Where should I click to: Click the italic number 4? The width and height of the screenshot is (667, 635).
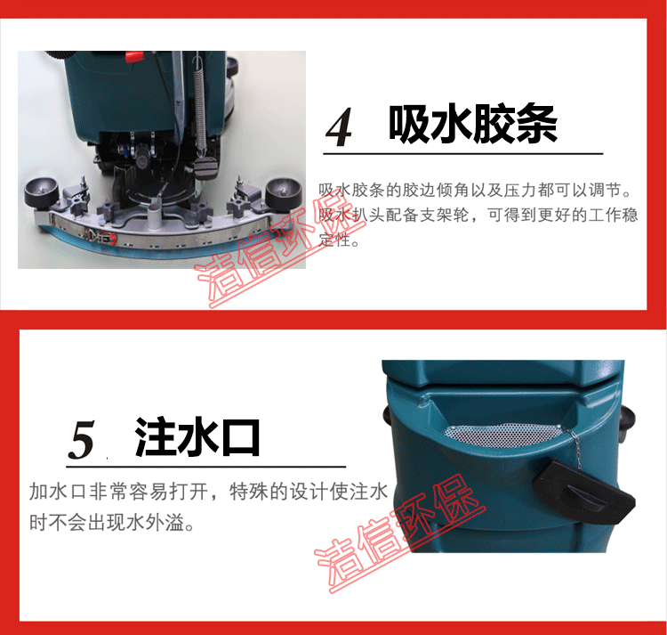339,126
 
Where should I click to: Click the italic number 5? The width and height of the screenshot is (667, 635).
81,440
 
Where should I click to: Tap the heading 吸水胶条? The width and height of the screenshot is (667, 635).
472,123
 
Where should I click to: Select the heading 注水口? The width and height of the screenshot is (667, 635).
197,437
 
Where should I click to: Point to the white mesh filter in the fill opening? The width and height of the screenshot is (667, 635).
503,435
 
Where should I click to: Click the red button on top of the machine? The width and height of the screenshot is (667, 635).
134,56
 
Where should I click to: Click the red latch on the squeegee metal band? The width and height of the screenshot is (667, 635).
112,240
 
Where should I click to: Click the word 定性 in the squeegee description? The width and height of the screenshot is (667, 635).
334,240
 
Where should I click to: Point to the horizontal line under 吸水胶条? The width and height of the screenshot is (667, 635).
463,153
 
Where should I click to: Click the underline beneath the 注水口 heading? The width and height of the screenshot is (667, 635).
206,467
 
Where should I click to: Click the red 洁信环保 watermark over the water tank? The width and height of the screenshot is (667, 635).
400,535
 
